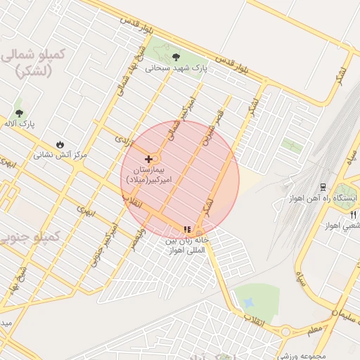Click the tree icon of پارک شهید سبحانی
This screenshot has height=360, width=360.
click(x=175, y=57)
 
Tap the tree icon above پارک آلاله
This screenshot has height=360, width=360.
click(x=18, y=112)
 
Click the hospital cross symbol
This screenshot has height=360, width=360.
click(x=148, y=159)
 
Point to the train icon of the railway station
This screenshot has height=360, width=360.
click(x=322, y=186)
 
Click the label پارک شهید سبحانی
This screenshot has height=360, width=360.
click(x=178, y=69)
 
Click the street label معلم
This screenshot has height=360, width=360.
click(x=314, y=326)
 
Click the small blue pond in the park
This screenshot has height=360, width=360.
click(x=247, y=304)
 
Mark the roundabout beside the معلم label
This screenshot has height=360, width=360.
click(x=285, y=330)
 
